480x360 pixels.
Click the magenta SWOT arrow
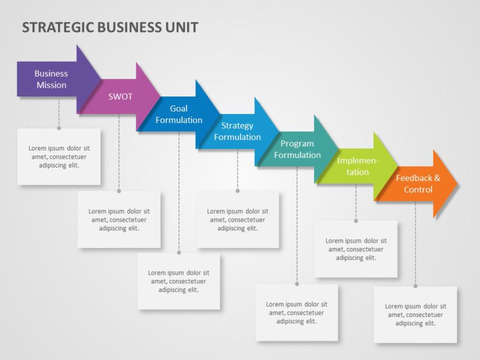point(120,96)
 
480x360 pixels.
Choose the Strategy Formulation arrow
point(238,131)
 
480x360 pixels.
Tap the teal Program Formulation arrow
point(297,149)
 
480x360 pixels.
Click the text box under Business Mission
point(59,157)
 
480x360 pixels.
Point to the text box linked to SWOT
point(119,219)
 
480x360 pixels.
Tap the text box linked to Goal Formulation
point(179,281)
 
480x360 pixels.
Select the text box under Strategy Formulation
point(238,219)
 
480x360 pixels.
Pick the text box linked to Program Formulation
point(297,313)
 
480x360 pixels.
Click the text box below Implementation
point(356,249)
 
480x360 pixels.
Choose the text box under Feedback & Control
point(415,315)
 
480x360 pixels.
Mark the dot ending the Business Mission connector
point(59,128)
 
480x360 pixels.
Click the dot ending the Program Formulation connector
point(297,284)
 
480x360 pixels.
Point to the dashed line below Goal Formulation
point(179,193)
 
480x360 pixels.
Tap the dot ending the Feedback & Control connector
point(415,286)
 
